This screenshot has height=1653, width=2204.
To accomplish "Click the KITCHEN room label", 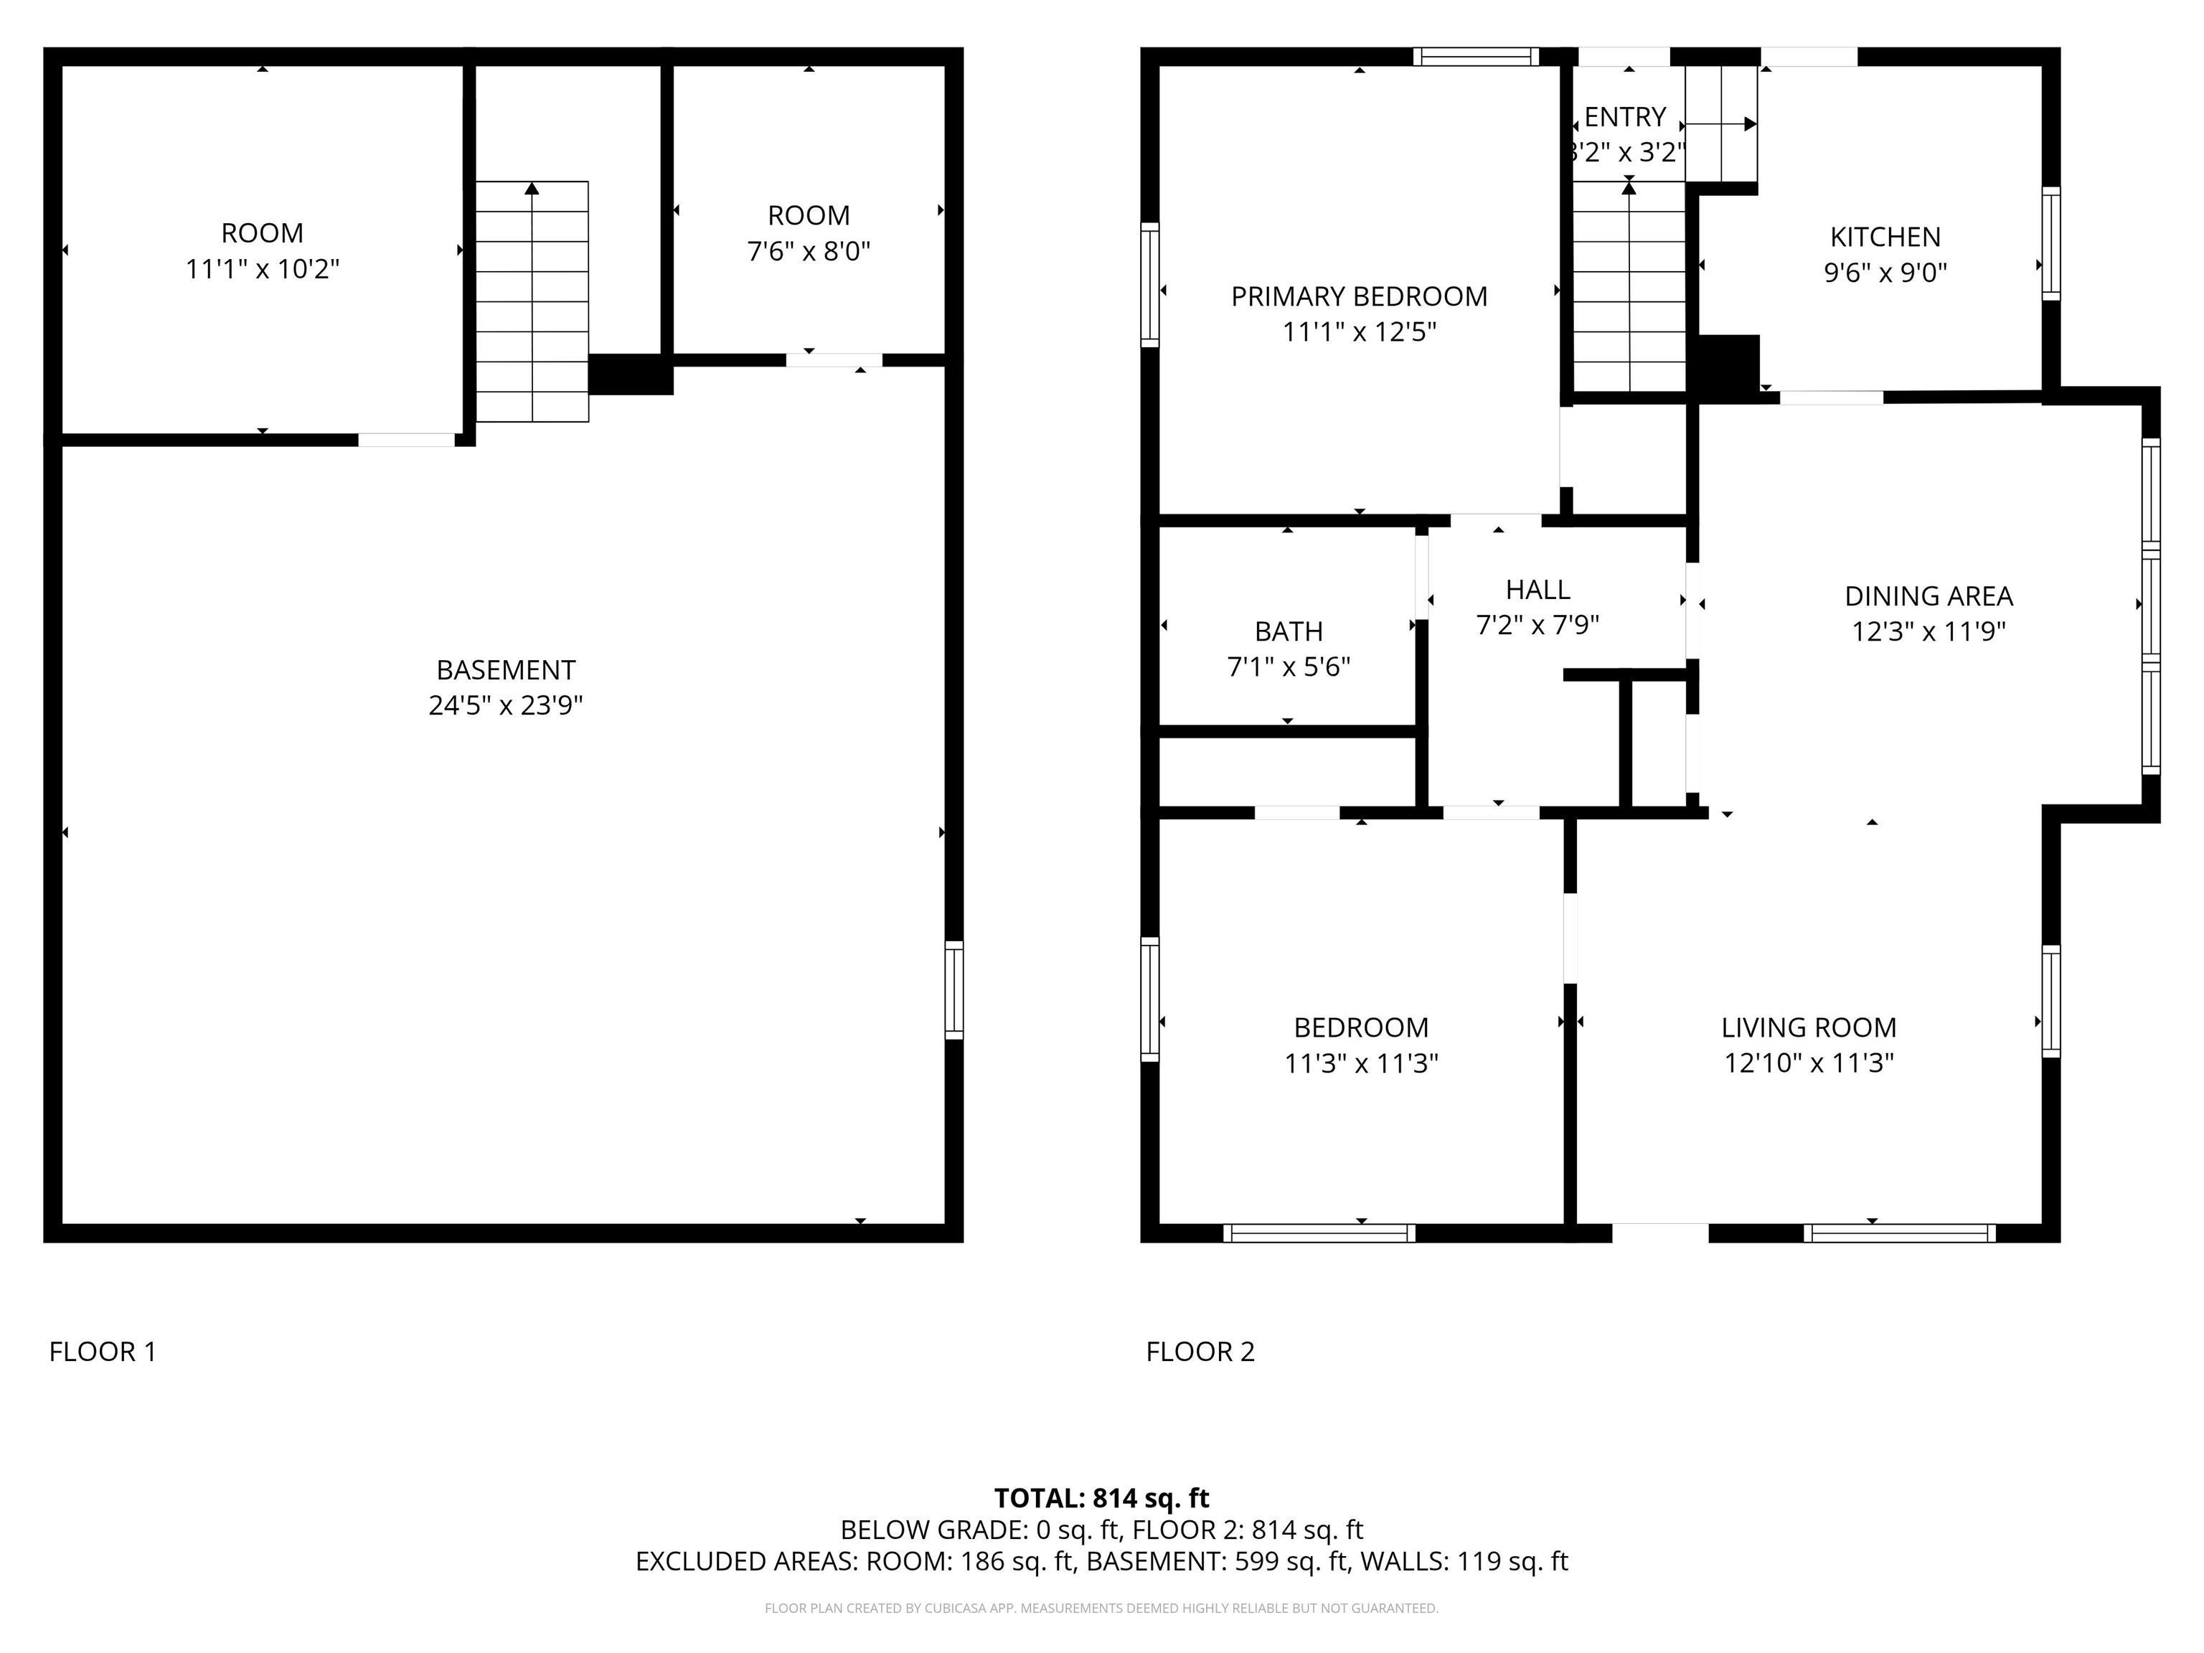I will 1884,237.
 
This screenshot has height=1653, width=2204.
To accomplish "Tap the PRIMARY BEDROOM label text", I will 1358,297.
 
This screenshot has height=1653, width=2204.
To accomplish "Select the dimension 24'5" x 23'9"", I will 505,705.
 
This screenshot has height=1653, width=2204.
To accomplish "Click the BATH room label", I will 1289,631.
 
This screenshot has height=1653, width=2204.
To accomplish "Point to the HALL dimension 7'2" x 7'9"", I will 1537,625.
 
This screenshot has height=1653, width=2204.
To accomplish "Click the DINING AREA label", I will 1928,595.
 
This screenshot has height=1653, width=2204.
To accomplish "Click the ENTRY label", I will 1624,118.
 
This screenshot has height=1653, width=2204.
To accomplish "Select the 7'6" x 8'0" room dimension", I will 808,251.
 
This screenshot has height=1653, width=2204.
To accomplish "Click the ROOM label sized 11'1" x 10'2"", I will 262,233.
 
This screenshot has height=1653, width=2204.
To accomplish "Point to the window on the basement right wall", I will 953,989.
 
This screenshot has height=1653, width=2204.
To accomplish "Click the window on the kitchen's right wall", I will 2050,243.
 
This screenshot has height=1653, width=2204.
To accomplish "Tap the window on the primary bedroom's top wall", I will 1476,57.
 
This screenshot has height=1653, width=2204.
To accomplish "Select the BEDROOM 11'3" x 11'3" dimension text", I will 1360,1063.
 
